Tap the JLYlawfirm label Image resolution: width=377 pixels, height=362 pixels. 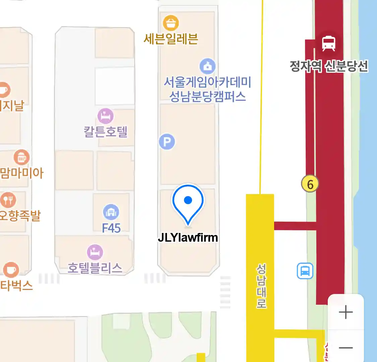[x=188, y=238]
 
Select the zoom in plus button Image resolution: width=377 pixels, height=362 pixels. [x=345, y=312]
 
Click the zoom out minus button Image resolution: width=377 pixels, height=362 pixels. [x=345, y=348]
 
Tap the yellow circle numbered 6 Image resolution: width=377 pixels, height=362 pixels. [x=310, y=184]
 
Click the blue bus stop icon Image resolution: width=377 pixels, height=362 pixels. [x=305, y=271]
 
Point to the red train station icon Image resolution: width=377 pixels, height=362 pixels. [x=328, y=43]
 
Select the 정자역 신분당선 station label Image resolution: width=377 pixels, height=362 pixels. [x=329, y=66]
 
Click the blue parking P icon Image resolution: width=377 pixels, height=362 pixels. [x=167, y=142]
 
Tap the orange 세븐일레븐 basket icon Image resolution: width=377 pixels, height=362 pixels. [x=171, y=23]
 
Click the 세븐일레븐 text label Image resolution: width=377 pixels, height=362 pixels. [x=171, y=39]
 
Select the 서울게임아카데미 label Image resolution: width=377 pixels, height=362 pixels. [x=207, y=82]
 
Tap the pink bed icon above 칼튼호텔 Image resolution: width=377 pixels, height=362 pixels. [x=105, y=116]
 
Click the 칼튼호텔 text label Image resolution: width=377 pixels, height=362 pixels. [x=106, y=131]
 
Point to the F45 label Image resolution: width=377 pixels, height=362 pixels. [x=111, y=228]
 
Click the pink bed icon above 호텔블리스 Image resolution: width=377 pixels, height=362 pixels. [x=95, y=252]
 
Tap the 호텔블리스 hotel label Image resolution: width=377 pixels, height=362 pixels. [x=95, y=268]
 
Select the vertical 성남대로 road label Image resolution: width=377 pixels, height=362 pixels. [x=261, y=286]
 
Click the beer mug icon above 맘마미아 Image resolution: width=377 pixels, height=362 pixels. [x=21, y=157]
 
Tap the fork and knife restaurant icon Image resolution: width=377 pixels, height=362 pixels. [x=8, y=200]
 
